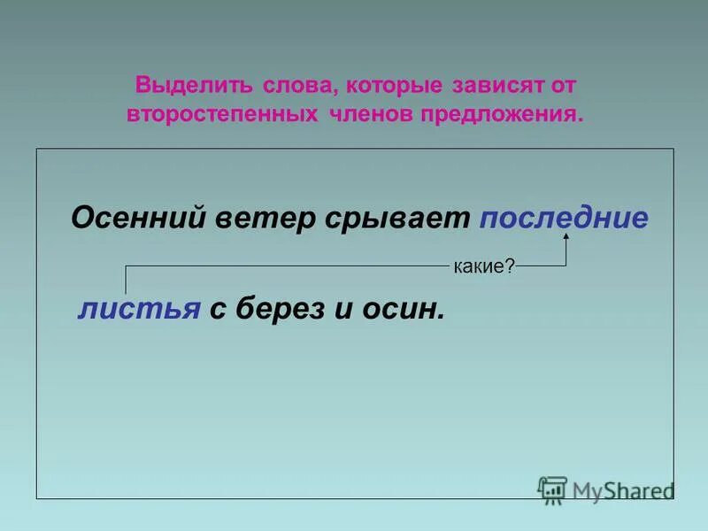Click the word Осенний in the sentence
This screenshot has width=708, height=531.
138,219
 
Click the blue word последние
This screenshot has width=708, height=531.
564,219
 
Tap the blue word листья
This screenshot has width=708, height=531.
139,309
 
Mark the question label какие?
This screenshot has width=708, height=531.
484,265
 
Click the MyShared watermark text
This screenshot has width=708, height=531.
623,490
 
